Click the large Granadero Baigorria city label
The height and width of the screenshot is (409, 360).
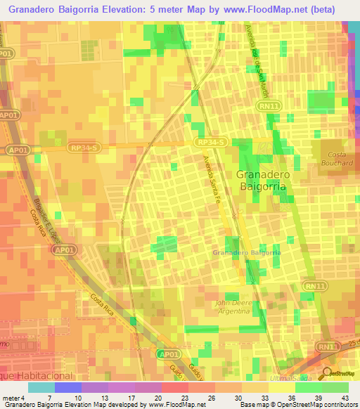tap(260, 181)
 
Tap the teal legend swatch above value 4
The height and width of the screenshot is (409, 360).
tap(41, 387)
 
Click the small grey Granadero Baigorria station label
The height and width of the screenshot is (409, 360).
tap(247, 252)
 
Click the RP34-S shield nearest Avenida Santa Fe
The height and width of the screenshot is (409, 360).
tap(210, 143)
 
